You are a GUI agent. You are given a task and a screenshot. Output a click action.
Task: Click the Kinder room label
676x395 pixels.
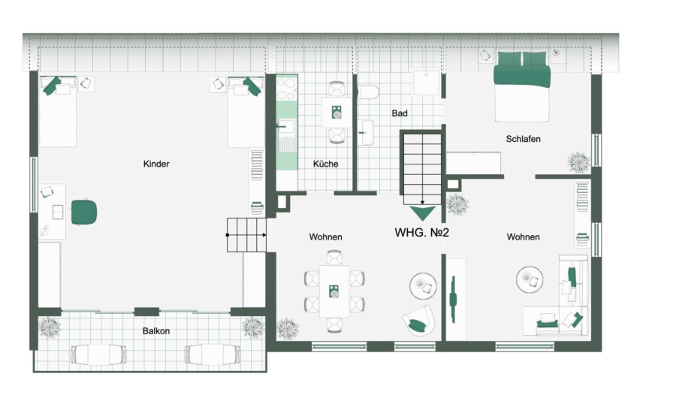[x=156, y=164]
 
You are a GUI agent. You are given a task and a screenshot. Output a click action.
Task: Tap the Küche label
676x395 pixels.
[x=325, y=164]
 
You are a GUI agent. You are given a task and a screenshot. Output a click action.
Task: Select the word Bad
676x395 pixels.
[x=400, y=113]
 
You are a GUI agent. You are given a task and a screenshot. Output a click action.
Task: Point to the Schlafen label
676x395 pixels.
[x=523, y=139]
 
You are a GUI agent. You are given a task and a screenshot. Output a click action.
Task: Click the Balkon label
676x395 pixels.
[x=156, y=331]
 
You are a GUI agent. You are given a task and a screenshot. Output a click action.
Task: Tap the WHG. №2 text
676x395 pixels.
[x=421, y=233]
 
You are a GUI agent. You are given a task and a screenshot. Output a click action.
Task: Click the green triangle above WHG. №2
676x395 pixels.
[x=422, y=213]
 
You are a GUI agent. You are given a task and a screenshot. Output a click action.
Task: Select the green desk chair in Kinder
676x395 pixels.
[x=83, y=213]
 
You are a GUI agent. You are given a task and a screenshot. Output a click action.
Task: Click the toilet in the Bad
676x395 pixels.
[x=369, y=92]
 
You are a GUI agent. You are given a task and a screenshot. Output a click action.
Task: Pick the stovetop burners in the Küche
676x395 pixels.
[x=287, y=89]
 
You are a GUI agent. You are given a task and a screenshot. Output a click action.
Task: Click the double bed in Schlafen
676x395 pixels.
[x=522, y=86]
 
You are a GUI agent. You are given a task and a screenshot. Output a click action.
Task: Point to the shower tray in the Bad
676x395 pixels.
[x=427, y=82]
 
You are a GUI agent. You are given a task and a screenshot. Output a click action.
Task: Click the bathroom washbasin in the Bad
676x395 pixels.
[x=366, y=132]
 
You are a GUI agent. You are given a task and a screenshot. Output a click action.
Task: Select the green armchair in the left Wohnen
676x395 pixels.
[x=418, y=321]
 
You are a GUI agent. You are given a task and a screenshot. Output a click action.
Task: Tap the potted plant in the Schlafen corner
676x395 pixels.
[x=578, y=162]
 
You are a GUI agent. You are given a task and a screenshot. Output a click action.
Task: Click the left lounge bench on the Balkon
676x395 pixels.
[x=98, y=354]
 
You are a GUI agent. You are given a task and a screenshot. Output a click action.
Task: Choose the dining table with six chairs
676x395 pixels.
[x=334, y=291]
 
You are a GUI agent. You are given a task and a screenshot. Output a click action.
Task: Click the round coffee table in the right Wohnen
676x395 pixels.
[x=530, y=280]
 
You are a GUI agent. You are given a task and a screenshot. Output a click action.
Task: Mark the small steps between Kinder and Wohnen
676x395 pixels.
[x=246, y=235]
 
